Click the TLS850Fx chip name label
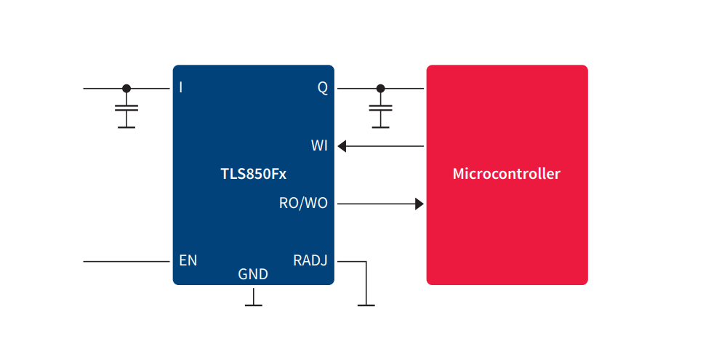[x=253, y=175]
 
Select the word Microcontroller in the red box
[x=506, y=175]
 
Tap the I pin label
[x=181, y=88]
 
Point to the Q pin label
[x=322, y=88]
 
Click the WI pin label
[x=319, y=146]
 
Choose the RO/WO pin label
[x=303, y=204]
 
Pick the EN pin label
[x=188, y=260]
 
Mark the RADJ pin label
[x=310, y=260]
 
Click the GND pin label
[x=253, y=275]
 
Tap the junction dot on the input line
[x=126, y=89]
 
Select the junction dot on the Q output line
[x=379, y=89]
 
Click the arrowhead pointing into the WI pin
[x=342, y=146]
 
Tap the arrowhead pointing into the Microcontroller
[x=419, y=204]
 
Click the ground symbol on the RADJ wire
[x=366, y=305]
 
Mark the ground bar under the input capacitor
[x=126, y=127]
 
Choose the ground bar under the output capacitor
[x=379, y=127]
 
